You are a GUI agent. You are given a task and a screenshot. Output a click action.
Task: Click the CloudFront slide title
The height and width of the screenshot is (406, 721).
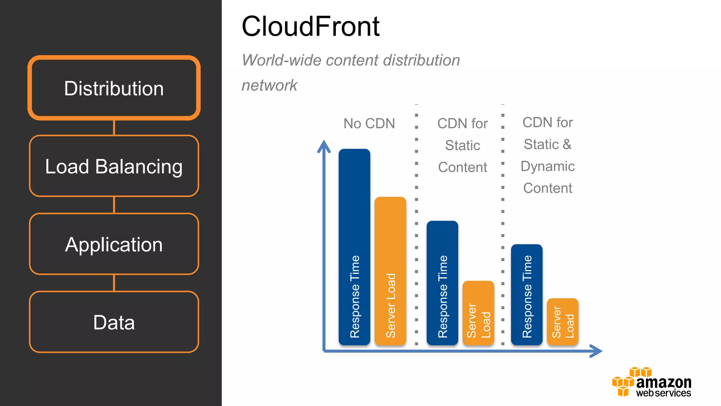[311, 26]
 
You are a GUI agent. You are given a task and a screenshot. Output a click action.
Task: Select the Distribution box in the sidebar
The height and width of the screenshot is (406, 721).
[114, 88]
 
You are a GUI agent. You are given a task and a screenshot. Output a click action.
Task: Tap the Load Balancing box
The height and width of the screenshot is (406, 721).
[114, 166]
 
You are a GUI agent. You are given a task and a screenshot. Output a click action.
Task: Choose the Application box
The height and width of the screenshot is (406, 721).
[114, 244]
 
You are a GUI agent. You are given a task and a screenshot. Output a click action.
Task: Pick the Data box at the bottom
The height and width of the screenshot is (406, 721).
[114, 322]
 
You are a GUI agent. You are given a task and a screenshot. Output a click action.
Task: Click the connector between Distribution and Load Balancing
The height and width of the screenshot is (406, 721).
[114, 128]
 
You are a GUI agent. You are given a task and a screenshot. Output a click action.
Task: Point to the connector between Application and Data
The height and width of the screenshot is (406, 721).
[114, 283]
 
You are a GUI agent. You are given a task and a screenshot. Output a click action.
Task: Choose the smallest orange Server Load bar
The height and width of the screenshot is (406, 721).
[563, 321]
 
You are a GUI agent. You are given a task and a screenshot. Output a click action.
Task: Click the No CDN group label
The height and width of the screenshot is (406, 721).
[369, 124]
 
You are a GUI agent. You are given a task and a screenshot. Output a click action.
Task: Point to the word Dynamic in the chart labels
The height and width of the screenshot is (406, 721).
[547, 166]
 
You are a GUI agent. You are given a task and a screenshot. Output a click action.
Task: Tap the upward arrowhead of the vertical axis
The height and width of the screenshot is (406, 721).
[324, 146]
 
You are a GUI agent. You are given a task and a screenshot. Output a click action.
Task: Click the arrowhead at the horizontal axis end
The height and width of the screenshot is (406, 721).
[596, 351]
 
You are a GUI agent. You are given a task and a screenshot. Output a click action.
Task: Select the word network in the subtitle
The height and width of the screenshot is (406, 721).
[269, 85]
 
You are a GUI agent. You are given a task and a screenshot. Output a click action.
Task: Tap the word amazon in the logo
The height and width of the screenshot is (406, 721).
[664, 382]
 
